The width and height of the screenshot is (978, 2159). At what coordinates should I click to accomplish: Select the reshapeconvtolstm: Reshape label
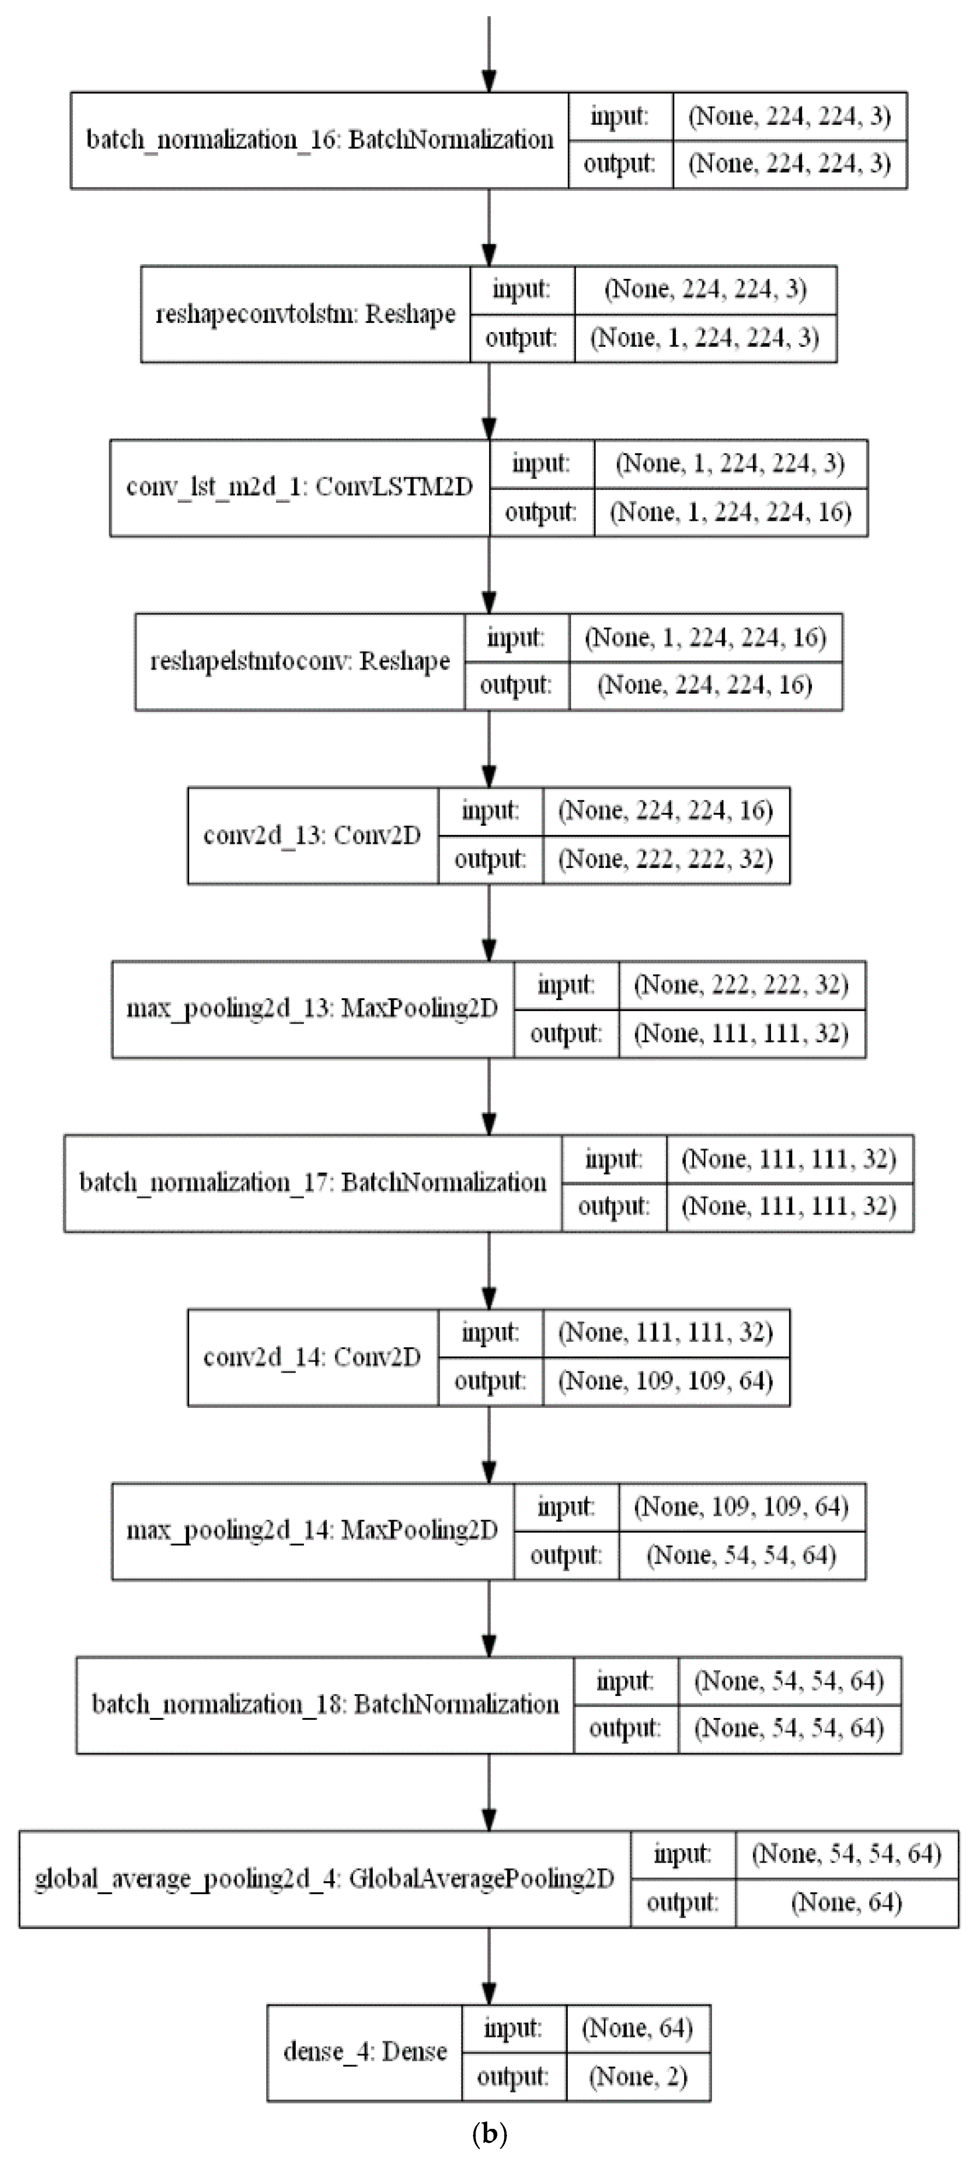[x=305, y=314]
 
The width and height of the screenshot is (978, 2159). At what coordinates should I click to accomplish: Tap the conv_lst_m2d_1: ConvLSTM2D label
[x=299, y=488]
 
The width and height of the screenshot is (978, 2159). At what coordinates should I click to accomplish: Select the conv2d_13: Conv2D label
[x=312, y=836]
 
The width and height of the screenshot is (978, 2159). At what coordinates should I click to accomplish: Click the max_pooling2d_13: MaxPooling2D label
[x=312, y=1009]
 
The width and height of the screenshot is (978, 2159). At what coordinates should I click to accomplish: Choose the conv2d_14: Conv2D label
[x=312, y=1357]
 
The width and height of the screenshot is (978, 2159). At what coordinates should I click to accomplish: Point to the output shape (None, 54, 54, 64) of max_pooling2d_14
[x=742, y=1556]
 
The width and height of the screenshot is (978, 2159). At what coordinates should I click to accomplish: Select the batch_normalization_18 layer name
[x=325, y=1705]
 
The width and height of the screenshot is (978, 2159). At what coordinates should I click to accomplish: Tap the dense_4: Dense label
[x=364, y=2052]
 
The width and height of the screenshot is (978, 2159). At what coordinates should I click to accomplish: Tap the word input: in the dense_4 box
[x=513, y=2029]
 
